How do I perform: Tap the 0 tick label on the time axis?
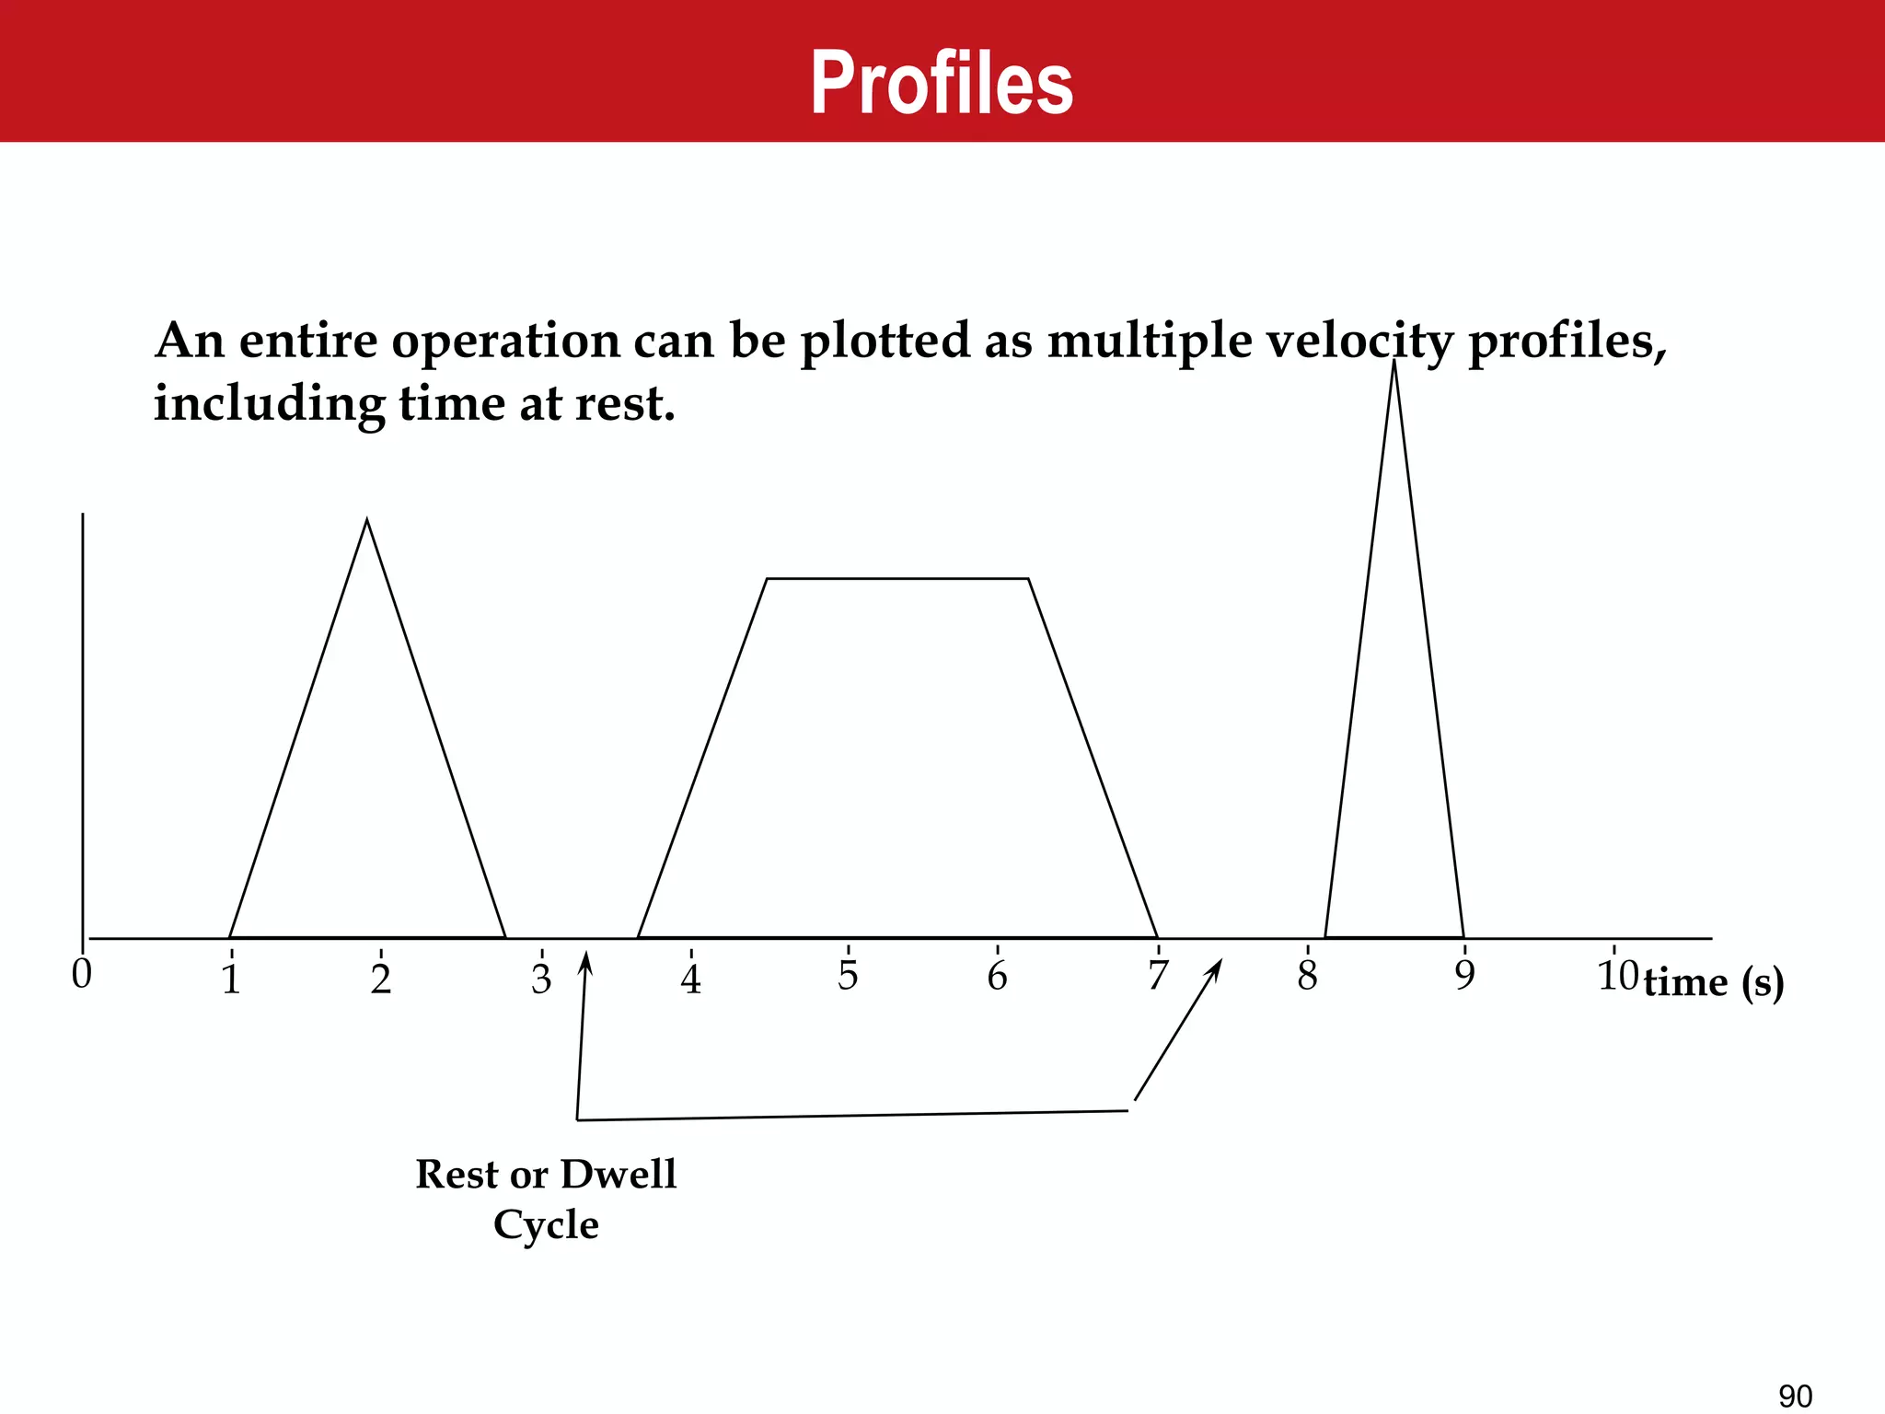tap(82, 974)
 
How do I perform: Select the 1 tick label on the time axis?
tap(231, 979)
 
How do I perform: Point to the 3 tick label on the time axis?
tap(541, 979)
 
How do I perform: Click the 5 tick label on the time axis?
tap(848, 976)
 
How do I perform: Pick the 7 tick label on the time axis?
tap(1157, 976)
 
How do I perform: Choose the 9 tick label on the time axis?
tap(1464, 976)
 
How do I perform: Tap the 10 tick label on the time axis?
tap(1617, 976)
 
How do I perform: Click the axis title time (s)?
tap(1714, 983)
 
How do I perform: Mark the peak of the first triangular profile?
tap(367, 521)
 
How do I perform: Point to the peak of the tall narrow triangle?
tap(1394, 361)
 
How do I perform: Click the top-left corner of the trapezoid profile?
tap(767, 579)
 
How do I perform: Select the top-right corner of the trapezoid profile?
tap(1027, 579)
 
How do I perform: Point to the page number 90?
tap(1795, 1397)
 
